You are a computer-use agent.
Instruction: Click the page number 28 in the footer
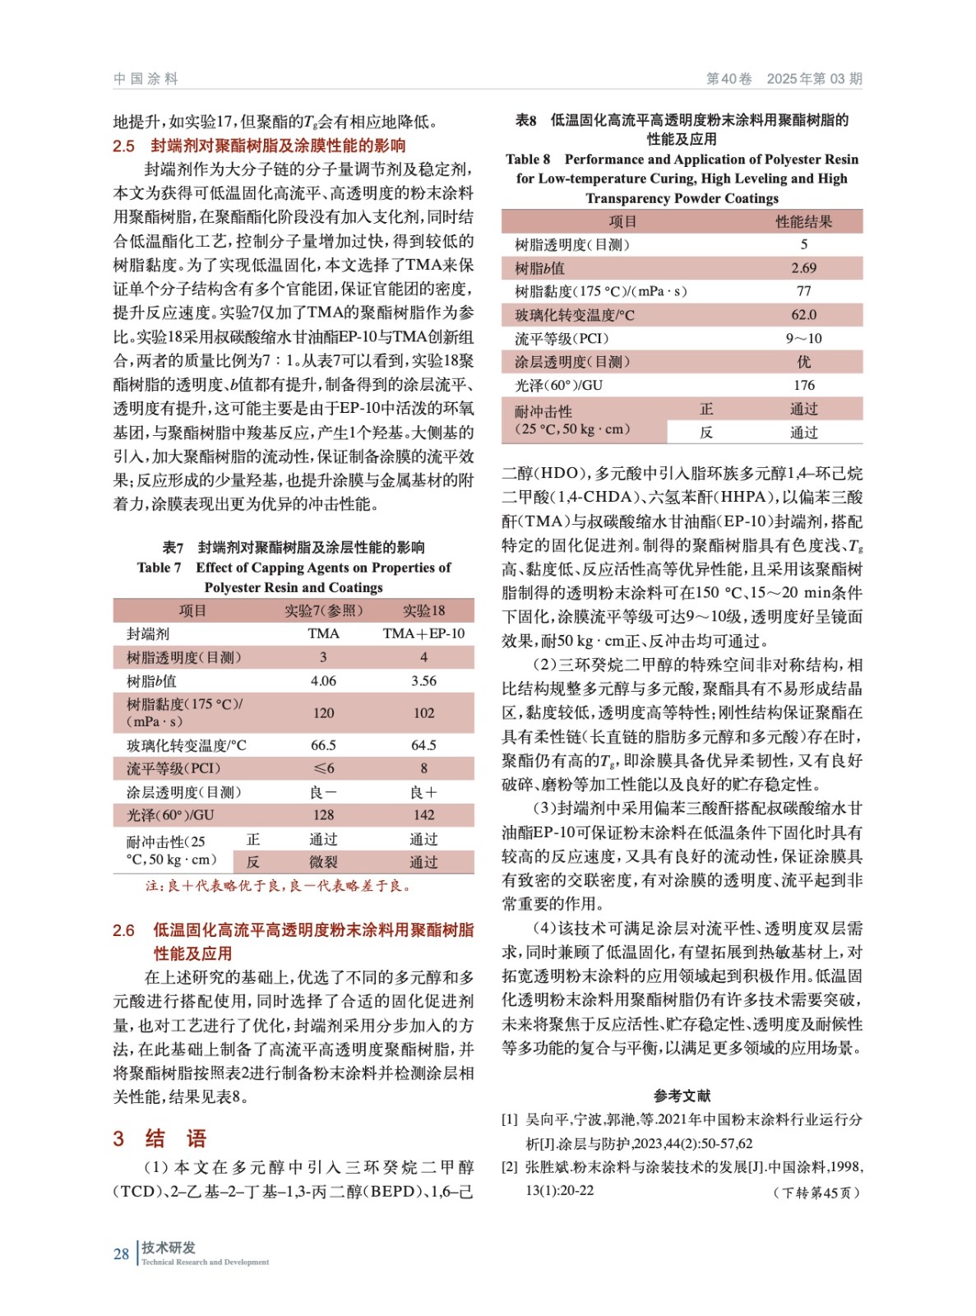point(121,1253)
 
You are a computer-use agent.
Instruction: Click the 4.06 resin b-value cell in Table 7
point(323,681)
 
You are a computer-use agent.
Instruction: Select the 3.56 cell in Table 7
point(423,681)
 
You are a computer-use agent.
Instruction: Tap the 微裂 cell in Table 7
point(323,862)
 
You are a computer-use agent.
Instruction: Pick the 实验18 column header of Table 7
point(423,610)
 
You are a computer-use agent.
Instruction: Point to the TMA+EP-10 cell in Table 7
point(423,633)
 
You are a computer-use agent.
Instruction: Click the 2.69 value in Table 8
point(803,268)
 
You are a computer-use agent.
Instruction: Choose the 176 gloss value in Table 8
point(803,385)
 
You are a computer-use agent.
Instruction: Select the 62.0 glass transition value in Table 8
point(803,315)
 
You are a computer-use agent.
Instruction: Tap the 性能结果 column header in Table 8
point(803,221)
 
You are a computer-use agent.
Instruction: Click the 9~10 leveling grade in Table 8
point(803,338)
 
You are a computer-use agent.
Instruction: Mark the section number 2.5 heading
point(123,146)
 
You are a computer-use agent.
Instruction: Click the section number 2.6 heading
point(123,930)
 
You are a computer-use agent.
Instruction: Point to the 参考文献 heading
point(682,1096)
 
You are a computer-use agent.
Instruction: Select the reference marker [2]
point(510,1167)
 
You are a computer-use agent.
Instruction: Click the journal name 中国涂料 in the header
point(146,79)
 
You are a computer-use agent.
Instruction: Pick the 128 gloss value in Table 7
point(323,815)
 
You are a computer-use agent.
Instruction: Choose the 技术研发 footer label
point(169,1248)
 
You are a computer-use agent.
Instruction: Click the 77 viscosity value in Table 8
point(803,291)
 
